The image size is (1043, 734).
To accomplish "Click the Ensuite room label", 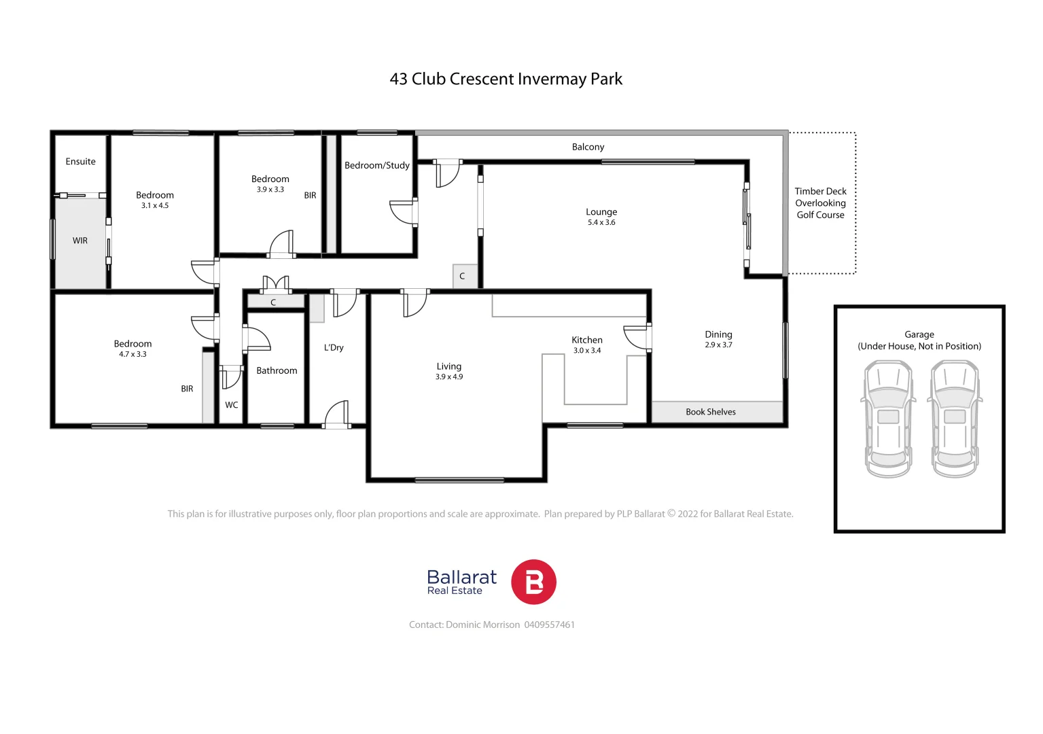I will coord(80,162).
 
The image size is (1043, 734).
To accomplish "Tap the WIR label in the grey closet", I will coord(80,241).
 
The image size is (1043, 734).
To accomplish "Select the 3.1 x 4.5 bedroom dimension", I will coord(155,205).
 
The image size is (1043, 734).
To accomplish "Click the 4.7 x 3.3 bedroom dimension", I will coord(132,354).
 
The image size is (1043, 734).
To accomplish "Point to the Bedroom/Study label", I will coord(377,165).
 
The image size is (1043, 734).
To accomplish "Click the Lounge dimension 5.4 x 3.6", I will coord(601,222).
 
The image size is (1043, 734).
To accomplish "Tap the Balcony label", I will coord(588,147).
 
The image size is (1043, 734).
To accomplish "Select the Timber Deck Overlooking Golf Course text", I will coord(820,203).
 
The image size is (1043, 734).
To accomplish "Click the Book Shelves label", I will coord(711,412).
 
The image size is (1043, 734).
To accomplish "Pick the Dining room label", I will coord(718,334).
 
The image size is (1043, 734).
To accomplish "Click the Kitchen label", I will coord(587,340).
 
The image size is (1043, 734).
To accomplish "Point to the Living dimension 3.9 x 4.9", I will coord(449,377).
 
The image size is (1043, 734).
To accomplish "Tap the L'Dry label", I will coord(334,347).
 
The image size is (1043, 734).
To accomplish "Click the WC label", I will coord(232,405).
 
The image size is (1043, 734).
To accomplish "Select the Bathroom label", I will coord(277,370).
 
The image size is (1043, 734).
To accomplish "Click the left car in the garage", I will coord(888,419).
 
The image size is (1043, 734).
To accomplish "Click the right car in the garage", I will coord(955,419).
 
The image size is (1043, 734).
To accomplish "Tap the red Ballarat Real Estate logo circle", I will coord(533,582).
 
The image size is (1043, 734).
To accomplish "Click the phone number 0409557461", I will coord(549,625).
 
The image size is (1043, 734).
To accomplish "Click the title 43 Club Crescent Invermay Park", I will coord(506,79).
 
